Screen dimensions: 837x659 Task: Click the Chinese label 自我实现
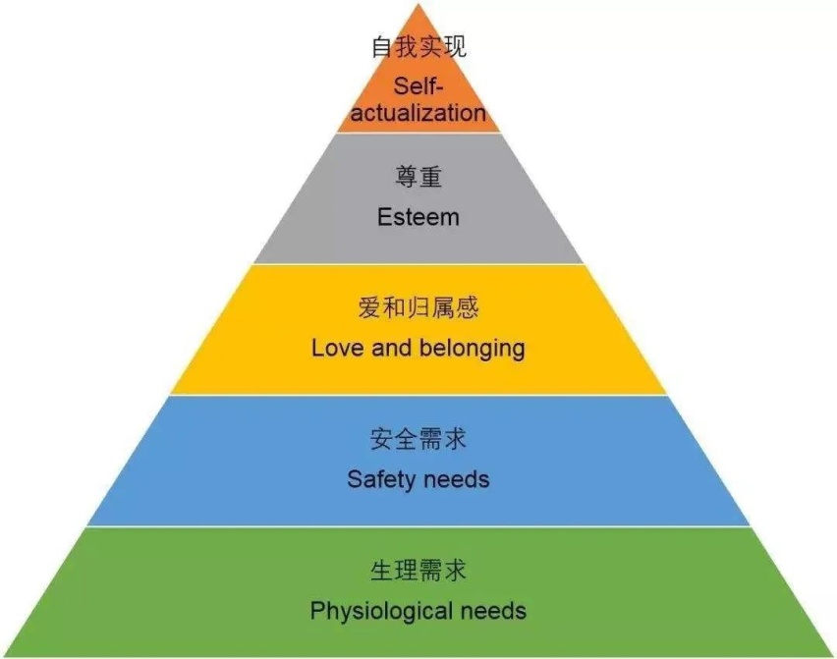(419, 47)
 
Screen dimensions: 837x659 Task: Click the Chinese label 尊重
(418, 177)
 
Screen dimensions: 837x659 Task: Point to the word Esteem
(418, 217)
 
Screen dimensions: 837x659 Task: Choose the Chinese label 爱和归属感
(418, 307)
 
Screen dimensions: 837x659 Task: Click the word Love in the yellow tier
(335, 348)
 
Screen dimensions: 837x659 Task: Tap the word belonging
(472, 349)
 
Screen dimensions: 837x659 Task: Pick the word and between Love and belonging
(391, 348)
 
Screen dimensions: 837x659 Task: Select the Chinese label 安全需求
(418, 439)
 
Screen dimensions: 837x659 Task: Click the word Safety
(381, 479)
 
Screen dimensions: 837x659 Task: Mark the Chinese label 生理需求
(418, 571)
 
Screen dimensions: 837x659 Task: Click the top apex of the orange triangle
(419, 3)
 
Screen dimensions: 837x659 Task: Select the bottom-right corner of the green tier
(834, 656)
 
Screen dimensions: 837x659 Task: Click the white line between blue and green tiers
(419, 526)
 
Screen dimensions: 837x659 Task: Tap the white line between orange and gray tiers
(419, 133)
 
